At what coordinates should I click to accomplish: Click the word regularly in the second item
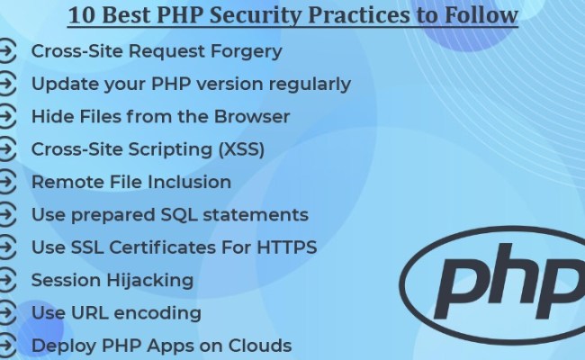pos(304,85)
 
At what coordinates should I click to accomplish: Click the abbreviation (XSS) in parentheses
pos(236,149)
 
